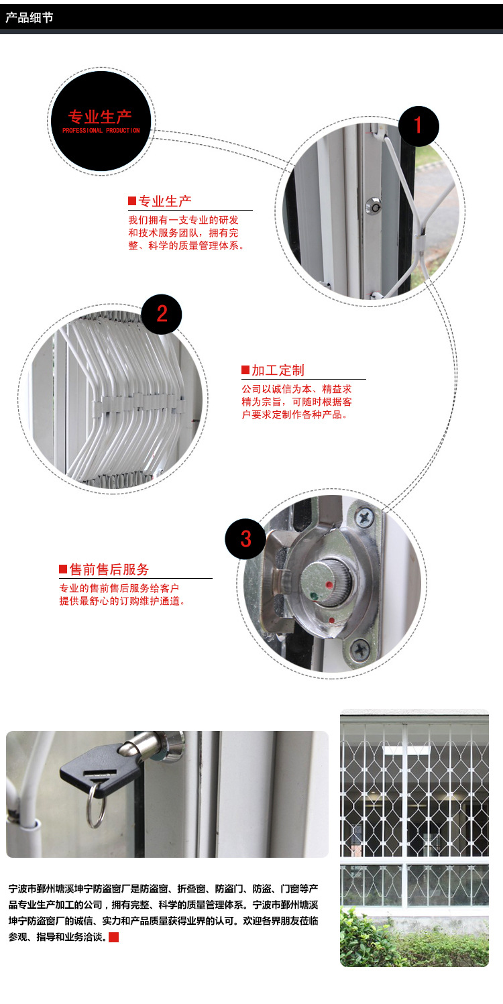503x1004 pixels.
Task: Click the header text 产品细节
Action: coord(29,17)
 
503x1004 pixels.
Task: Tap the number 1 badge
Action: coord(418,126)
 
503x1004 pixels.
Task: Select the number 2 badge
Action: coord(162,314)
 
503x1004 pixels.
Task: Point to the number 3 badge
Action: coord(245,539)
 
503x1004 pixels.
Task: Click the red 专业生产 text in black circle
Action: coord(99,117)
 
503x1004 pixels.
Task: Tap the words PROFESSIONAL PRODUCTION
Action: coord(101,130)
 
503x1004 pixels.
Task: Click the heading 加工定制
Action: coord(278,370)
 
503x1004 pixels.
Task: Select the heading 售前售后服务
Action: coord(109,569)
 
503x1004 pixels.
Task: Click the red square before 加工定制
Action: coord(245,370)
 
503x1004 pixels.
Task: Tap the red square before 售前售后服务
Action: coord(63,569)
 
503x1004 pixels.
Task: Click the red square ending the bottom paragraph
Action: coord(114,937)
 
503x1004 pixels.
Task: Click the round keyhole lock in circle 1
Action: coord(373,206)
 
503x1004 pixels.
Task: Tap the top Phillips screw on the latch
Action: coord(365,518)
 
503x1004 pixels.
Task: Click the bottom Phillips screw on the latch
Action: coord(359,649)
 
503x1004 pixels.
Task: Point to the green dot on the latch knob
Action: coord(315,596)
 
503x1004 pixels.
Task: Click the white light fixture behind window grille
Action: coord(406,749)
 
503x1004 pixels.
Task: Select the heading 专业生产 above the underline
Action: coord(165,201)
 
